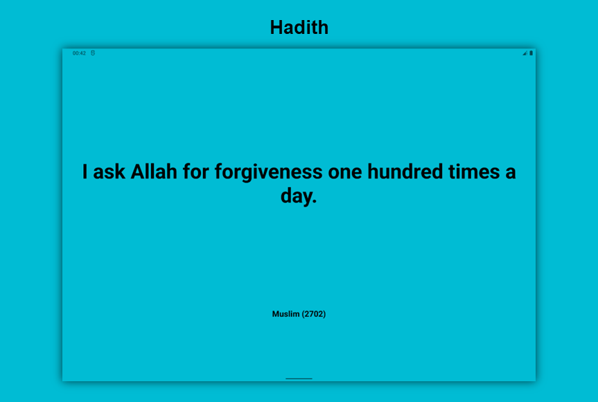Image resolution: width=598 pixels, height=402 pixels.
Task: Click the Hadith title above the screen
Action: (x=299, y=28)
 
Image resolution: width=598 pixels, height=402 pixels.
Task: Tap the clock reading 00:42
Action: (x=79, y=53)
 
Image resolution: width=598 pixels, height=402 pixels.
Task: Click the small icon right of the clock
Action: (x=93, y=53)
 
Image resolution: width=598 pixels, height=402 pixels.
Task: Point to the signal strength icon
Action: (x=525, y=53)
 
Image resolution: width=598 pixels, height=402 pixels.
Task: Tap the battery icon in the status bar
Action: (x=531, y=53)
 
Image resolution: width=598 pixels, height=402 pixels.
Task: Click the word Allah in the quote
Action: (x=154, y=172)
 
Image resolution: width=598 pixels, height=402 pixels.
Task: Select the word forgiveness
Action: (x=268, y=172)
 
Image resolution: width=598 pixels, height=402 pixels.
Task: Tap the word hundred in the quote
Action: (x=405, y=172)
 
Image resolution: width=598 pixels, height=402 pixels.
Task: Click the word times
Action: (x=474, y=172)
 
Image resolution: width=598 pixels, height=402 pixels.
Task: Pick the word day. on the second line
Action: (x=299, y=196)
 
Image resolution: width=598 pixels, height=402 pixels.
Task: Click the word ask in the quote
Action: (x=109, y=172)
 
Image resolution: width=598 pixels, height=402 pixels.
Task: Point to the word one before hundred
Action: (x=345, y=173)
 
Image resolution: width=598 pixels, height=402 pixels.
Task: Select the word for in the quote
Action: (x=195, y=172)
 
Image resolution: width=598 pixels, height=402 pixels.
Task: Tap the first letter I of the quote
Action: (x=85, y=172)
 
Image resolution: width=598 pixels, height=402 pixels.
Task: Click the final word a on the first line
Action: (x=511, y=173)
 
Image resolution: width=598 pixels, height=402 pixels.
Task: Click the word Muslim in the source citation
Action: (x=285, y=314)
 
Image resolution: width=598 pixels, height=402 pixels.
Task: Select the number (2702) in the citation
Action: (x=314, y=314)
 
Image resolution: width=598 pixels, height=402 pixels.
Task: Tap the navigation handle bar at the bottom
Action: (x=299, y=378)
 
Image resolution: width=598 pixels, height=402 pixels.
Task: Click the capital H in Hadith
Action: (x=276, y=28)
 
